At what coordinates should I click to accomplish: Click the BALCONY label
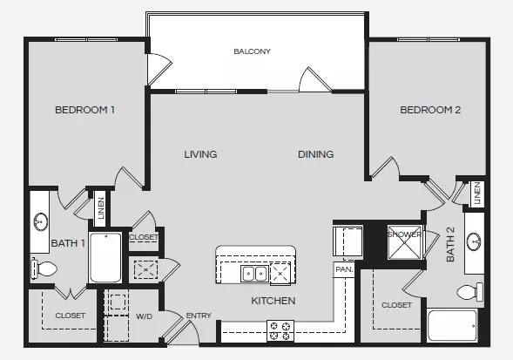click(x=252, y=51)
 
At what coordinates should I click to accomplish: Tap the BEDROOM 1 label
click(x=84, y=110)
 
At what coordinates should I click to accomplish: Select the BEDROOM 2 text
click(x=430, y=110)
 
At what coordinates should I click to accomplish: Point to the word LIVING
click(x=200, y=154)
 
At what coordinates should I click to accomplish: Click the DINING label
click(x=315, y=154)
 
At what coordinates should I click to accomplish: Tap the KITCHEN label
click(x=273, y=301)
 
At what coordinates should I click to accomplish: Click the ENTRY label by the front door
click(x=199, y=316)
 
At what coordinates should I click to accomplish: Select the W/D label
click(x=144, y=316)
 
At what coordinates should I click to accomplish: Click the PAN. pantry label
click(x=344, y=269)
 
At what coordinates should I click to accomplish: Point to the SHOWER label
click(x=404, y=234)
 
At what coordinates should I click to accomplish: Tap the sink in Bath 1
click(x=41, y=221)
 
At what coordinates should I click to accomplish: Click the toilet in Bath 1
click(x=44, y=269)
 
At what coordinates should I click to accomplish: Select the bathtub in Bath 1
click(x=105, y=258)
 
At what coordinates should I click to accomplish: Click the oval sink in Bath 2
click(x=474, y=241)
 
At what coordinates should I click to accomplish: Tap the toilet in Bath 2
click(x=469, y=292)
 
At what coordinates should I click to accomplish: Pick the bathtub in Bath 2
click(x=453, y=326)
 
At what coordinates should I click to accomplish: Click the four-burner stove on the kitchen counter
click(x=280, y=331)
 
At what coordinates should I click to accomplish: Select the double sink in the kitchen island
click(x=254, y=274)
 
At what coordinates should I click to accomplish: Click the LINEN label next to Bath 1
click(x=101, y=208)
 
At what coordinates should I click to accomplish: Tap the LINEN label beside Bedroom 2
click(x=477, y=194)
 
